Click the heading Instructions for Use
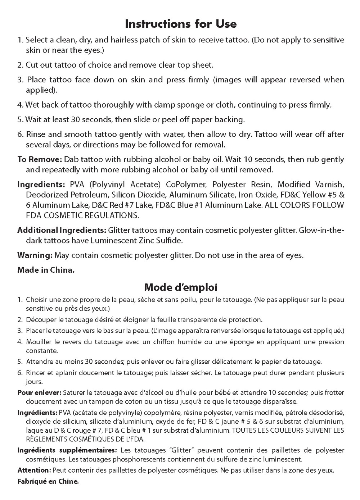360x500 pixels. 180,24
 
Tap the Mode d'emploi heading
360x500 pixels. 180,287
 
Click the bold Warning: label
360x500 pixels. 35,255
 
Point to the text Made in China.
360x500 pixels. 46,270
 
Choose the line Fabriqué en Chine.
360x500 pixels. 48,481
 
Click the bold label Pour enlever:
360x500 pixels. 40,392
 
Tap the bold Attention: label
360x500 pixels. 34,470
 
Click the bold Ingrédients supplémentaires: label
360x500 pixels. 67,450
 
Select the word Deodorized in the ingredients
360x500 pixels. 46,195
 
